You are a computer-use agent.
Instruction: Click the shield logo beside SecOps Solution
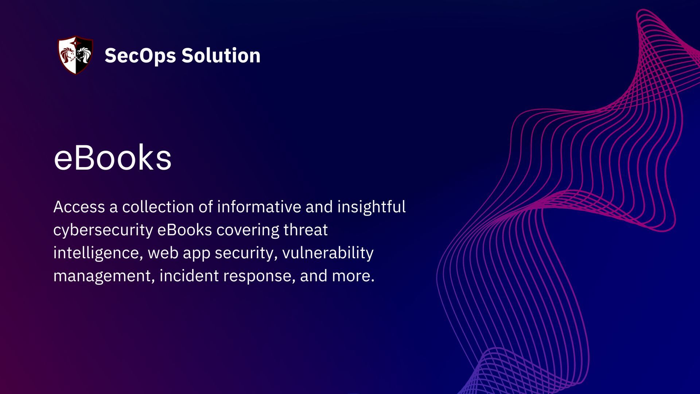pyautogui.click(x=75, y=55)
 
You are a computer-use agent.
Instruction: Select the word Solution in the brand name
pyautogui.click(x=221, y=55)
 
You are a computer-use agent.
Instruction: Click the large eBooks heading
pyautogui.click(x=112, y=158)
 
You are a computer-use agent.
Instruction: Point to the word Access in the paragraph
pyautogui.click(x=79, y=207)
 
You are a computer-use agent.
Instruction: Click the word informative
pyautogui.click(x=259, y=207)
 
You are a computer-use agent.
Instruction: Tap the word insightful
pyautogui.click(x=371, y=207)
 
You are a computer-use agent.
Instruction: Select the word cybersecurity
pyautogui.click(x=103, y=230)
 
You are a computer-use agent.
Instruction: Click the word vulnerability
pyautogui.click(x=328, y=253)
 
